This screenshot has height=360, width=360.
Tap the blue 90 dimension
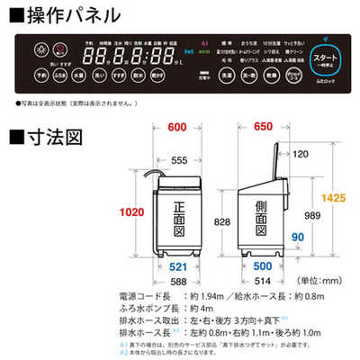[298, 238]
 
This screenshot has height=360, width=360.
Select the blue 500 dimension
[261, 267]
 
